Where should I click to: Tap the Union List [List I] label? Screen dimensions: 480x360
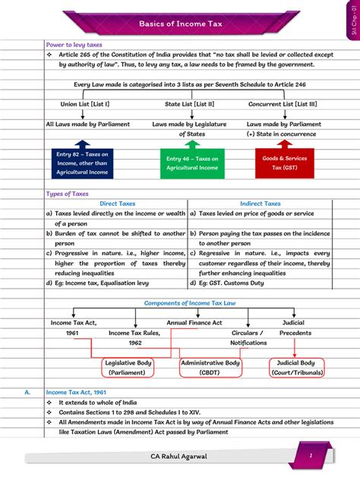(85, 103)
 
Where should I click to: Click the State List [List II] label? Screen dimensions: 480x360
(189, 103)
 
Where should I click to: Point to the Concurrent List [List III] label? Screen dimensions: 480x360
(282, 103)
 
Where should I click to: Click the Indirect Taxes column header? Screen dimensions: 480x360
(260, 204)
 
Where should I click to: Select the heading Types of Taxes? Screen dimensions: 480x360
(68, 194)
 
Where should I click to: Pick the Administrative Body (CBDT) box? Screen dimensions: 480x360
(210, 368)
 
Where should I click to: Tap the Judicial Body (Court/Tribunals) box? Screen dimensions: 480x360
(296, 368)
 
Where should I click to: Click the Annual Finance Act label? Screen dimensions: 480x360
(194, 323)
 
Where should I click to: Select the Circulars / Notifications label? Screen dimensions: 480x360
(248, 337)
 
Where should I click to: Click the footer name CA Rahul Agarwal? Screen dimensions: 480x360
(179, 456)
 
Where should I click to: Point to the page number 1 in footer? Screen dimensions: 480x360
(310, 455)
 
